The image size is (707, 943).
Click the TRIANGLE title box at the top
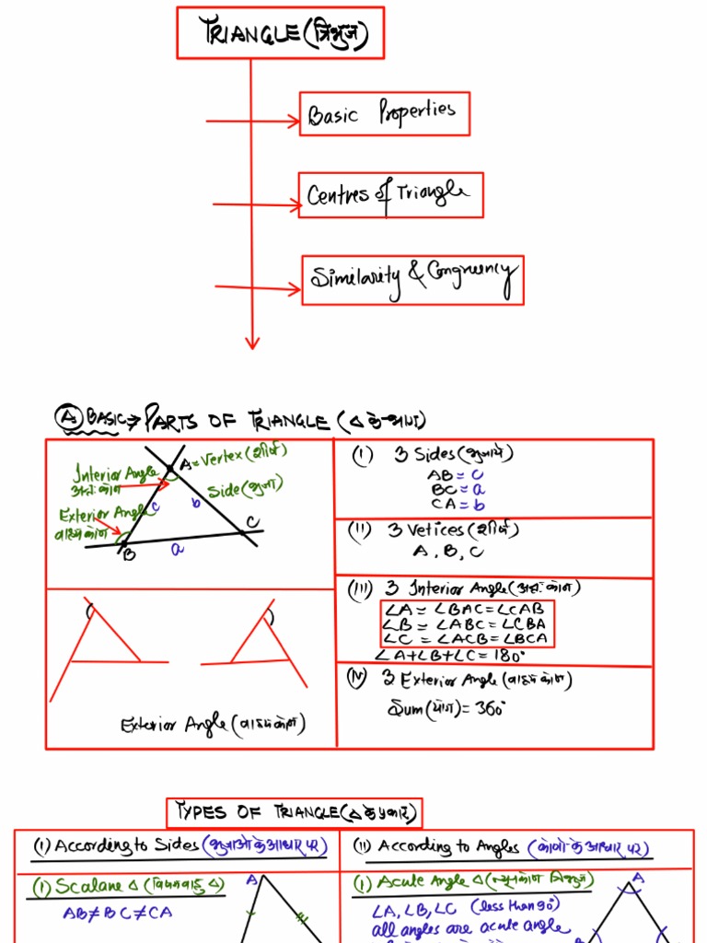coord(280,33)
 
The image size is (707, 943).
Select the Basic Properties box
coord(384,114)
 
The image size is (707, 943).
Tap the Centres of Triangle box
coord(389,195)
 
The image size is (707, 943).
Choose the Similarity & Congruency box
coord(412,280)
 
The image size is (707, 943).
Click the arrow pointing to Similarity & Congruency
coord(257,289)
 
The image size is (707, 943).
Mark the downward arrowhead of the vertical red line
coord(251,343)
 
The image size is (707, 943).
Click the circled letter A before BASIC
coord(67,418)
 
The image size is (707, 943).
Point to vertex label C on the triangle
coord(251,523)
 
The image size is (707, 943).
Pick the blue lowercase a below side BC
coord(178,549)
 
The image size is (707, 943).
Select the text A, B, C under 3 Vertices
coord(448,553)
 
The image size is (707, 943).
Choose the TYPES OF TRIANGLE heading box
coord(295,812)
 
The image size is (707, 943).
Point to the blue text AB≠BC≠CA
coord(117,914)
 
